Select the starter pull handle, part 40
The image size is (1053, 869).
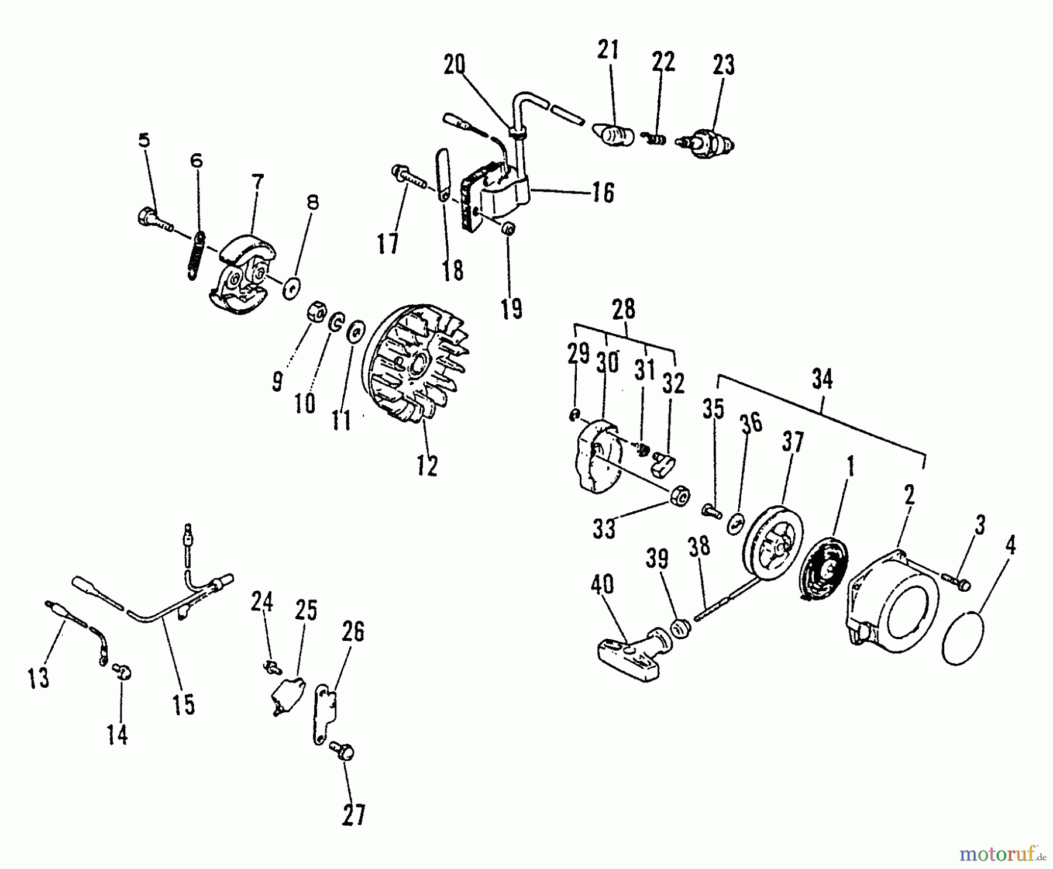pos(632,655)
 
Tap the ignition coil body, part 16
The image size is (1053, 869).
pos(497,193)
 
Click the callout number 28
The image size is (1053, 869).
pos(624,309)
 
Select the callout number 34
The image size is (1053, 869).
pos(822,380)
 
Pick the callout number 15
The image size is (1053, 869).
pos(183,704)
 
